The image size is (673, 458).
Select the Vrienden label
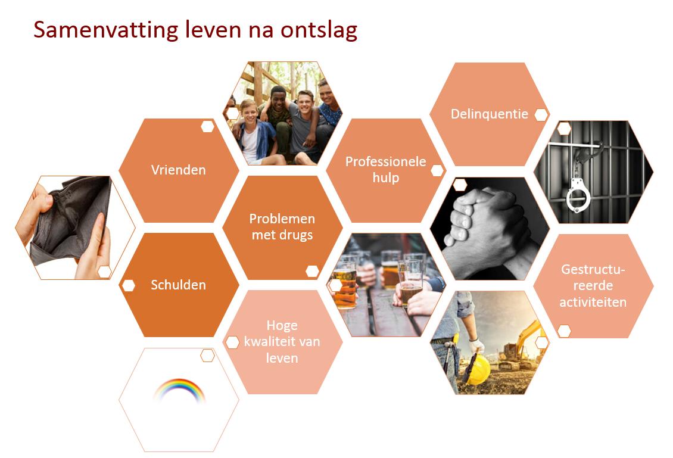pyautogui.click(x=178, y=170)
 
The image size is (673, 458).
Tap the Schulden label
pyautogui.click(x=178, y=285)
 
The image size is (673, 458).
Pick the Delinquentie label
pyautogui.click(x=489, y=114)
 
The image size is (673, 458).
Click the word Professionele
pyautogui.click(x=385, y=161)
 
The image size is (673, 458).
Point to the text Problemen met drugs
pyautogui.click(x=282, y=226)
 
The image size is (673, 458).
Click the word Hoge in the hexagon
pyautogui.click(x=282, y=326)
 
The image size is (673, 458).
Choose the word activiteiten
pyautogui.click(x=593, y=302)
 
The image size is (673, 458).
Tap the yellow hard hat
pyautogui.click(x=476, y=368)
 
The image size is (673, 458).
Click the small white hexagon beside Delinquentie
pyautogui.click(x=540, y=115)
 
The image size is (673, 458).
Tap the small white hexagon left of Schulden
pyautogui.click(x=128, y=285)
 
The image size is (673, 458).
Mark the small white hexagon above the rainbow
pyautogui.click(x=207, y=356)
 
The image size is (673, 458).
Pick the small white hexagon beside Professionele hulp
pyautogui.click(x=437, y=170)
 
